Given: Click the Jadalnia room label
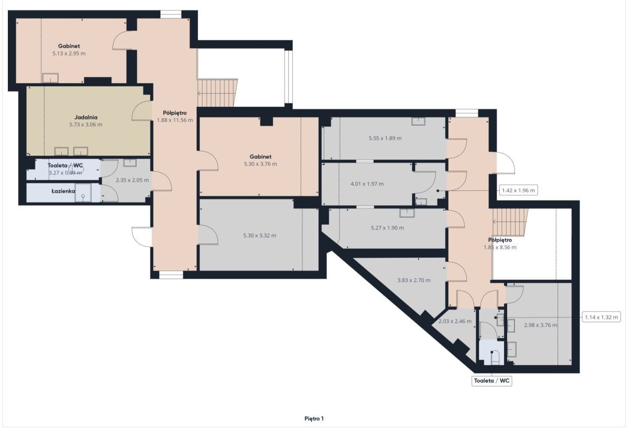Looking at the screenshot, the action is click(86, 117).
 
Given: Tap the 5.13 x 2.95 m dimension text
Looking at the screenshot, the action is click(69, 53).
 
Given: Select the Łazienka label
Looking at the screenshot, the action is click(63, 191).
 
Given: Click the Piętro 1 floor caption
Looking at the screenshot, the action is click(314, 419).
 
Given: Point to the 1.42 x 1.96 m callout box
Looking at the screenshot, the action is click(519, 191).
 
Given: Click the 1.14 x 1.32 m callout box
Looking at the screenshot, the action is click(601, 317).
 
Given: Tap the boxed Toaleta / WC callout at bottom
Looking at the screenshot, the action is click(492, 381).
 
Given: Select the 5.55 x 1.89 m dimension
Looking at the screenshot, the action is click(385, 138).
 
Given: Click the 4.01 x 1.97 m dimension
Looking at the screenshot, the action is click(367, 184).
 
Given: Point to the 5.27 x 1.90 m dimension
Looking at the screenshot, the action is click(387, 228).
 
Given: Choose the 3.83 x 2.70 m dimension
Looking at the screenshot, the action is click(414, 280).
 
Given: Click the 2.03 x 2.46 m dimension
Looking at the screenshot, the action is click(455, 321).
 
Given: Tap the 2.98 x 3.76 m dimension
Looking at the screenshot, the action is click(541, 325).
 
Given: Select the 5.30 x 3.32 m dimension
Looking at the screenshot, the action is click(260, 235).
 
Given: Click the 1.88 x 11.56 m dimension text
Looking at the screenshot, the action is click(175, 120).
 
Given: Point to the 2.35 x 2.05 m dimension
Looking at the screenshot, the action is click(132, 180).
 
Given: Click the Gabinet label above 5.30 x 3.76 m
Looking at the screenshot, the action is click(261, 157).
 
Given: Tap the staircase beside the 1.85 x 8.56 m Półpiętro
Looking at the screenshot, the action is click(510, 222).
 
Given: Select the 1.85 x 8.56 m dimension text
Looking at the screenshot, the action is click(500, 247).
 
